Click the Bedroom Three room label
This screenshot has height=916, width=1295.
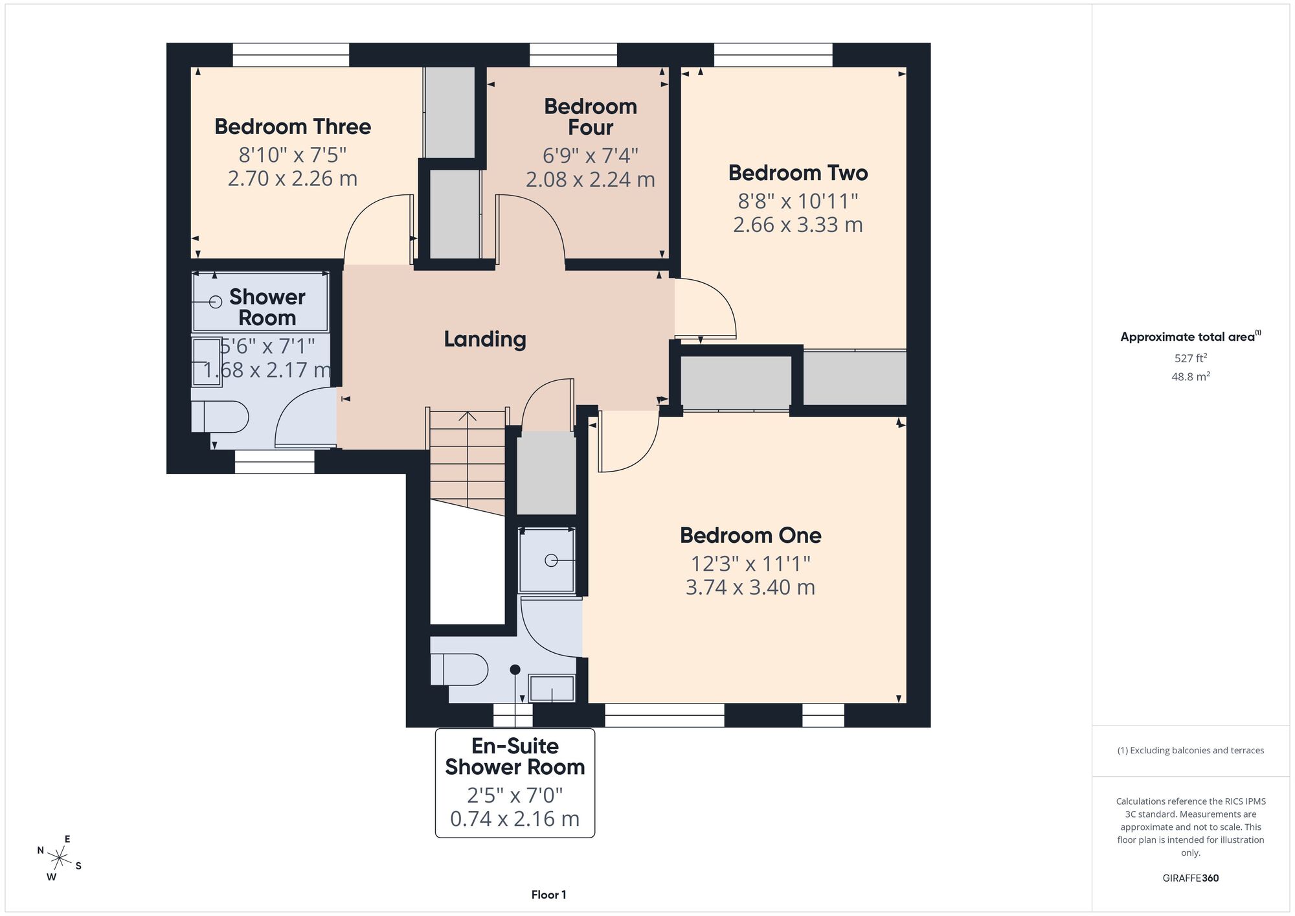point(293,126)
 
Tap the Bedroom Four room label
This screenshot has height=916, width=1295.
point(591,117)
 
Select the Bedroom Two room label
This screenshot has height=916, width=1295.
point(798,173)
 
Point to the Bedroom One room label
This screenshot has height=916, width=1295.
point(750,535)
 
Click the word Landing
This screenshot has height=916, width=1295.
point(485,339)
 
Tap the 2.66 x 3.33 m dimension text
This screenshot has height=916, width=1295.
point(798,225)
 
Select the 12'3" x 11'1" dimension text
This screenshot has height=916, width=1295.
point(750,563)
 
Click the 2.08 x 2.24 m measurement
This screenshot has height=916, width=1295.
point(591,179)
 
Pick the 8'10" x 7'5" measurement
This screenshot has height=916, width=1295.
point(293,155)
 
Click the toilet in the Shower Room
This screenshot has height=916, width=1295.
point(220,417)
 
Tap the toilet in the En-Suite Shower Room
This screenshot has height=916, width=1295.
point(459,669)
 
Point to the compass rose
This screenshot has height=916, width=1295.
point(60,859)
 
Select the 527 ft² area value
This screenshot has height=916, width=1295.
point(1191,358)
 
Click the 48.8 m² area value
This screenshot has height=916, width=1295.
point(1191,376)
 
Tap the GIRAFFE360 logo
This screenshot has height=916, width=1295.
point(1191,878)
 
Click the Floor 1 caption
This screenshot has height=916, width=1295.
point(549,895)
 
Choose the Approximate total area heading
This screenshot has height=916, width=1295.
point(1191,336)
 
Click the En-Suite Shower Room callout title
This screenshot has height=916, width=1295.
point(515,757)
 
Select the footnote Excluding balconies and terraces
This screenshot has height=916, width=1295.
point(1191,750)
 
